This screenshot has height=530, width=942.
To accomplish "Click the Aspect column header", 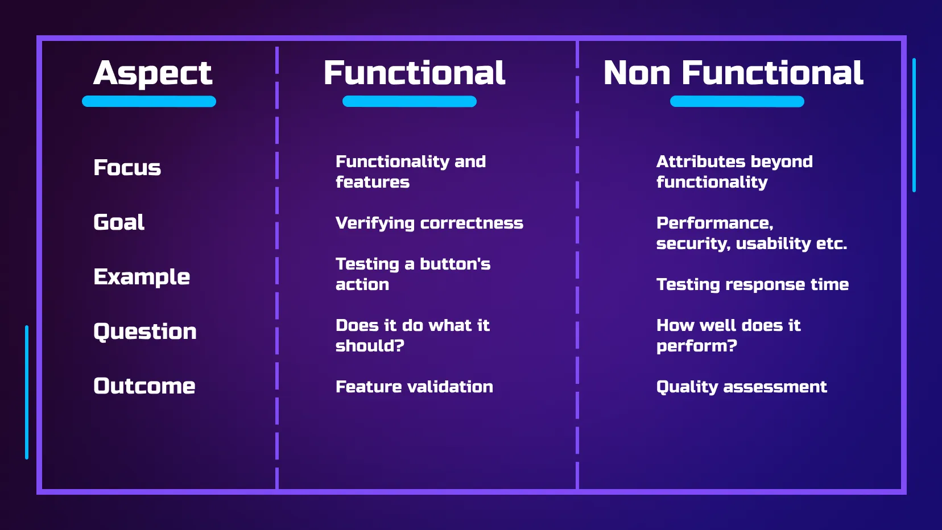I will coord(152,73).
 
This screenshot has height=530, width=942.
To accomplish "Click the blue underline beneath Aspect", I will coord(149,102).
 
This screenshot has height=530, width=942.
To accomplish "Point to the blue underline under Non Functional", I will coord(737,102).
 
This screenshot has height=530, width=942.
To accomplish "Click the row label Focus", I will coord(127,168).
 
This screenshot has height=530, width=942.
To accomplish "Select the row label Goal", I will coord(119,222).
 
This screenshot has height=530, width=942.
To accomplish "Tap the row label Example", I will coord(142,277).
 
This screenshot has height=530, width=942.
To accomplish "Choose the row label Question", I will coord(145,332).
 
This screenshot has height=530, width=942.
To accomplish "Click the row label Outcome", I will coord(144,386).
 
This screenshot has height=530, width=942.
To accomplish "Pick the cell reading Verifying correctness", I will coord(429,223).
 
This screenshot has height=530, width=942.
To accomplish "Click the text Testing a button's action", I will coord(412,274).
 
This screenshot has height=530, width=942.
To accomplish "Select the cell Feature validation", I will coord(414,387).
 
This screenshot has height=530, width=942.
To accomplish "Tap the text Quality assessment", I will coord(741,387).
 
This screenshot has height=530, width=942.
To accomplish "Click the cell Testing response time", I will coord(752,284).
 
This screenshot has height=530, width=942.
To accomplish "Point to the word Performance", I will coord(714,223).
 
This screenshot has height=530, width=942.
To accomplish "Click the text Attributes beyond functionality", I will coord(734,172).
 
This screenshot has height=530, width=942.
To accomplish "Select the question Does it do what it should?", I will coord(412,336).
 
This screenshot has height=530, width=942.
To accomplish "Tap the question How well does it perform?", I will coord(728,336).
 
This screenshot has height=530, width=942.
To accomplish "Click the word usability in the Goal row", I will coord(773,244).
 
